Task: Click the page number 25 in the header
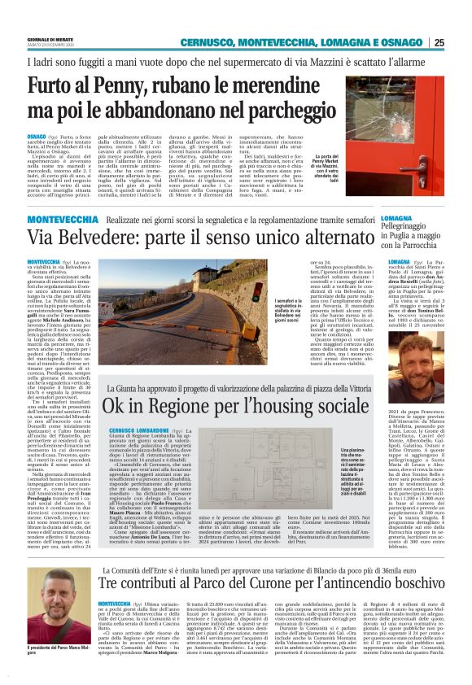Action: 461,42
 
